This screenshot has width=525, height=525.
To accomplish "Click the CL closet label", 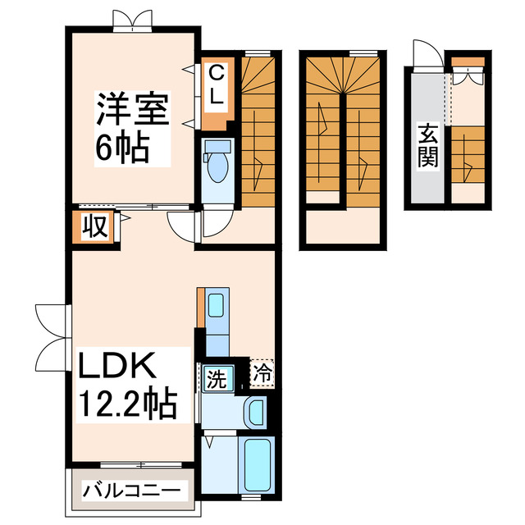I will [215, 85].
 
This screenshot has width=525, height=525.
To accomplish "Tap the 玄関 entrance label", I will [427, 146].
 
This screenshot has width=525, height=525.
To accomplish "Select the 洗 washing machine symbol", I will [216, 379].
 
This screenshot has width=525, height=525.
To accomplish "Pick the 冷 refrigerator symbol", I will [262, 373].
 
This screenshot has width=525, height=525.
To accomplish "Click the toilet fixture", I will [218, 163].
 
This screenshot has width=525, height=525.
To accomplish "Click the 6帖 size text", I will [124, 148].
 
